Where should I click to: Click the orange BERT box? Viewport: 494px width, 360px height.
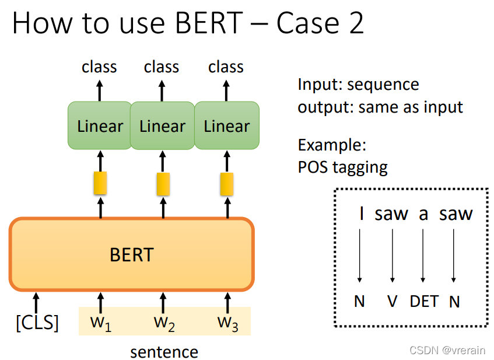(x=131, y=254)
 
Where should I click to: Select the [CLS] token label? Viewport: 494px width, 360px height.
(x=37, y=323)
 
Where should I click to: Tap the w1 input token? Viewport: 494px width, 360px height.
(x=100, y=323)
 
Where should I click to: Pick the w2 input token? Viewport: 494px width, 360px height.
(x=164, y=323)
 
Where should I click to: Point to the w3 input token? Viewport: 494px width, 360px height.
(x=227, y=323)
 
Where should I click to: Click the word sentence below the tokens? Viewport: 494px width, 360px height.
(x=164, y=352)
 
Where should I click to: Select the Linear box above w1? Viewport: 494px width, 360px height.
(x=100, y=126)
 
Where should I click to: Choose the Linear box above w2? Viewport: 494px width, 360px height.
(x=162, y=126)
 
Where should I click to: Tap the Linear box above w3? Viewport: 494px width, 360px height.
(x=226, y=126)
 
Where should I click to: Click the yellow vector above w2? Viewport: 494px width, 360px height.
(x=163, y=184)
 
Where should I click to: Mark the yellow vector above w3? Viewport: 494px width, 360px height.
(x=226, y=184)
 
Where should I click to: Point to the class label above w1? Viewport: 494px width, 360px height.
(x=99, y=67)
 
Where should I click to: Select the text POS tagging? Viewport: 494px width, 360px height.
(x=342, y=167)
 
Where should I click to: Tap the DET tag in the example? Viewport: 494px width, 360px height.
(x=424, y=301)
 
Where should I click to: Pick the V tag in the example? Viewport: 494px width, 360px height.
(x=393, y=301)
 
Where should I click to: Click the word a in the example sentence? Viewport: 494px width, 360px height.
(x=423, y=214)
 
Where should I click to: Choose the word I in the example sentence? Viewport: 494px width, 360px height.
(x=362, y=214)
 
